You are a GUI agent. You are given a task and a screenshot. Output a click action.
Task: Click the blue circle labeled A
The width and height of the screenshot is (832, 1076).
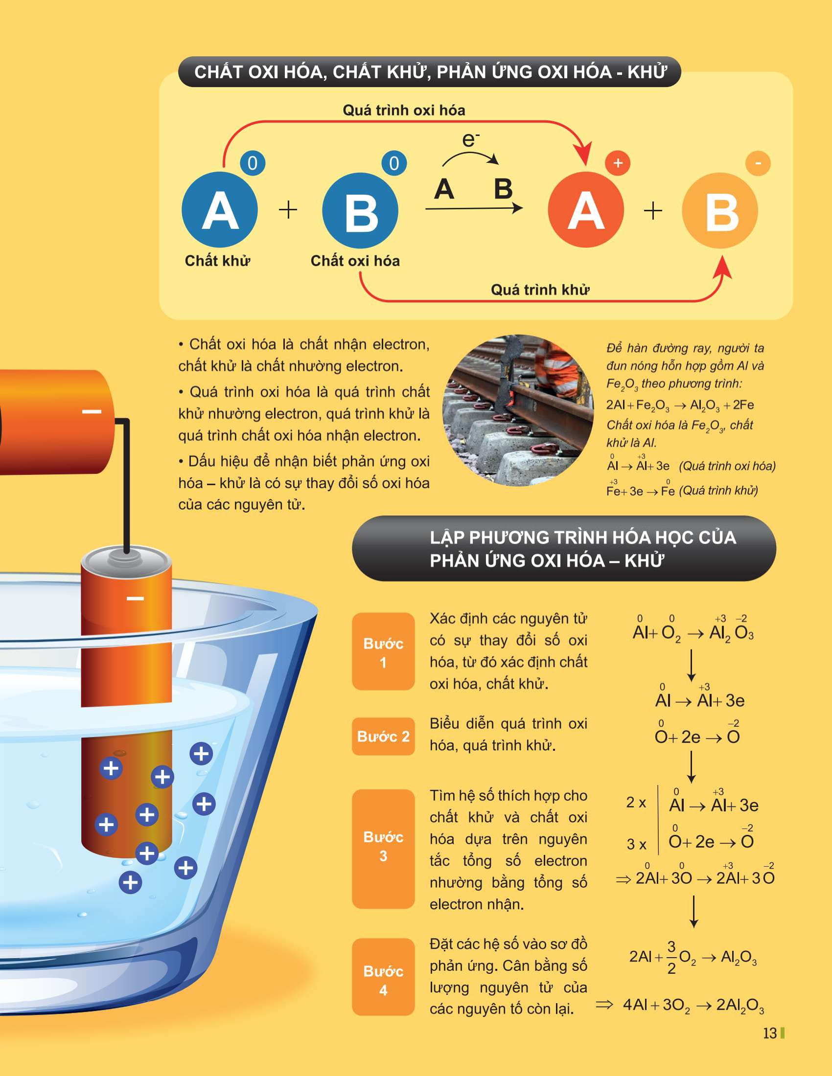pyautogui.click(x=220, y=210)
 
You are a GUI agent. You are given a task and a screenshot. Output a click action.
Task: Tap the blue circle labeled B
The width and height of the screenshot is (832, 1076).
pyautogui.click(x=360, y=210)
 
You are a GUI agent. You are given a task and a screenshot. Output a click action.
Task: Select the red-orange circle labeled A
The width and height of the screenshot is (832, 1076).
pyautogui.click(x=586, y=210)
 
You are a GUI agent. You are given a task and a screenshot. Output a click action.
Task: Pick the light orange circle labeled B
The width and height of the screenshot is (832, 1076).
pyautogui.click(x=720, y=210)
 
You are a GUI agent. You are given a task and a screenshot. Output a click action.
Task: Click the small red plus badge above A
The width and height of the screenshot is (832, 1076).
pyautogui.click(x=618, y=163)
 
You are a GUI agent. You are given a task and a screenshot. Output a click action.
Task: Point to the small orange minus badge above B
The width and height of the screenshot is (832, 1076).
pyautogui.click(x=758, y=163)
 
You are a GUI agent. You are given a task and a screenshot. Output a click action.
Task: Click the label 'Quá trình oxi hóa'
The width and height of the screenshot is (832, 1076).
pyautogui.click(x=404, y=110)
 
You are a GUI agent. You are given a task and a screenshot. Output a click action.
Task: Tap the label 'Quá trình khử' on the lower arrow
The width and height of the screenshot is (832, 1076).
pyautogui.click(x=540, y=289)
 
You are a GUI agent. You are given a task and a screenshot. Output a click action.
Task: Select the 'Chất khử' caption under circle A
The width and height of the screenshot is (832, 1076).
pyautogui.click(x=217, y=261)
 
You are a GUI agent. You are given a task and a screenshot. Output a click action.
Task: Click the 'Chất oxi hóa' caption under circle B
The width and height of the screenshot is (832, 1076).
pyautogui.click(x=355, y=261)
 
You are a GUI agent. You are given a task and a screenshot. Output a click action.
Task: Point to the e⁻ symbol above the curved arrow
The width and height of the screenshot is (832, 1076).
pyautogui.click(x=471, y=139)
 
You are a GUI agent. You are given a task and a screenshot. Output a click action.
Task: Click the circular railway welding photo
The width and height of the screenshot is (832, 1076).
pyautogui.click(x=518, y=410)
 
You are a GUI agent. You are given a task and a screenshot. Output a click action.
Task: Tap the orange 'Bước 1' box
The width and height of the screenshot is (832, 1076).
pyautogui.click(x=384, y=651)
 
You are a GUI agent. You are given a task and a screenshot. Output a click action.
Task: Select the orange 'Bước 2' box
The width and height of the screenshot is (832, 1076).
pyautogui.click(x=384, y=736)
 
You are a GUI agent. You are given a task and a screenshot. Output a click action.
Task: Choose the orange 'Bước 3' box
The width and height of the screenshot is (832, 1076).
pyautogui.click(x=384, y=849)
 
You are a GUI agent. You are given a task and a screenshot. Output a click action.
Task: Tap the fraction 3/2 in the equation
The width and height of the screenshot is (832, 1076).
pyautogui.click(x=671, y=957)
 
